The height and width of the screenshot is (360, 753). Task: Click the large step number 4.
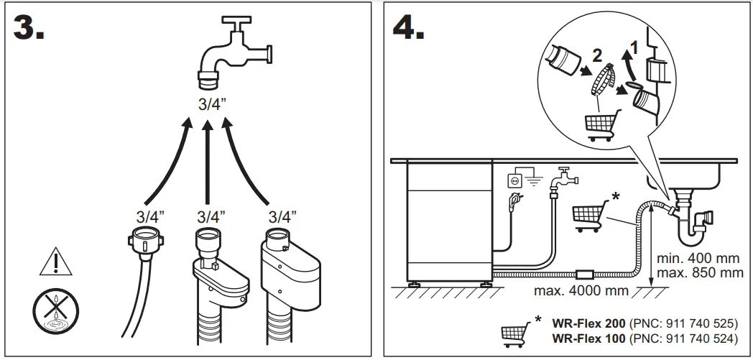[x=407, y=27]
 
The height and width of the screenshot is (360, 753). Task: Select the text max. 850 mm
[x=700, y=273]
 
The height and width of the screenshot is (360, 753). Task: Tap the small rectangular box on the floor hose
[x=584, y=274]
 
